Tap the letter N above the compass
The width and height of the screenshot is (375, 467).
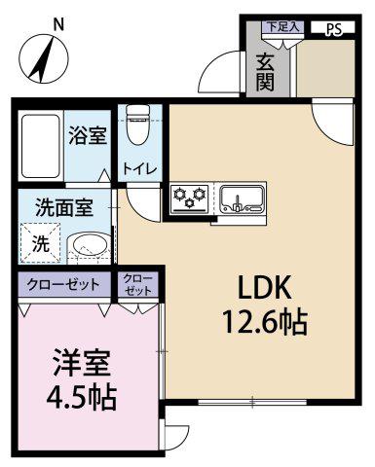click(58, 24)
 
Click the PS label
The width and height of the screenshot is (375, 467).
click(333, 29)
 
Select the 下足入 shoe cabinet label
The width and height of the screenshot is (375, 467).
click(282, 26)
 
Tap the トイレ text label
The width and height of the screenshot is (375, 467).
click(139, 168)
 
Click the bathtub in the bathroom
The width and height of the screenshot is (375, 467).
click(41, 146)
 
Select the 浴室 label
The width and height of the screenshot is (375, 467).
click(88, 136)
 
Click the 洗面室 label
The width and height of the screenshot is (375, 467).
click(64, 207)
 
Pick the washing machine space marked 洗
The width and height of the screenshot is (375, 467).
click(41, 242)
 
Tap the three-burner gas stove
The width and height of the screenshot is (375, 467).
click(190, 198)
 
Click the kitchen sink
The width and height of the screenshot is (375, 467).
click(241, 198)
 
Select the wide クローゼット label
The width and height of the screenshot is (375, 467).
click(62, 284)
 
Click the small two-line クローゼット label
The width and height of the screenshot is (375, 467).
click(138, 285)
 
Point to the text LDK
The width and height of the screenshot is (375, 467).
click(264, 288)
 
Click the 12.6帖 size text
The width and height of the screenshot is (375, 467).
click(264, 322)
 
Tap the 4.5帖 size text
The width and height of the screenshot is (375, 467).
click(81, 397)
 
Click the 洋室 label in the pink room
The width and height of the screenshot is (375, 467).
click(82, 363)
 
